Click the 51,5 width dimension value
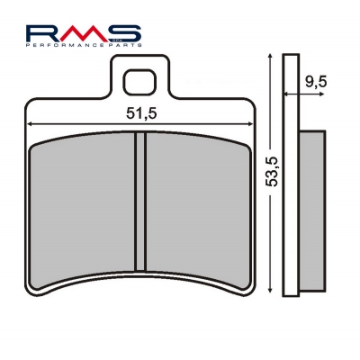point(141,113)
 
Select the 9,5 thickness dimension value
point(316,82)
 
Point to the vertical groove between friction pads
point(140,202)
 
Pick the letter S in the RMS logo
point(123,33)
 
